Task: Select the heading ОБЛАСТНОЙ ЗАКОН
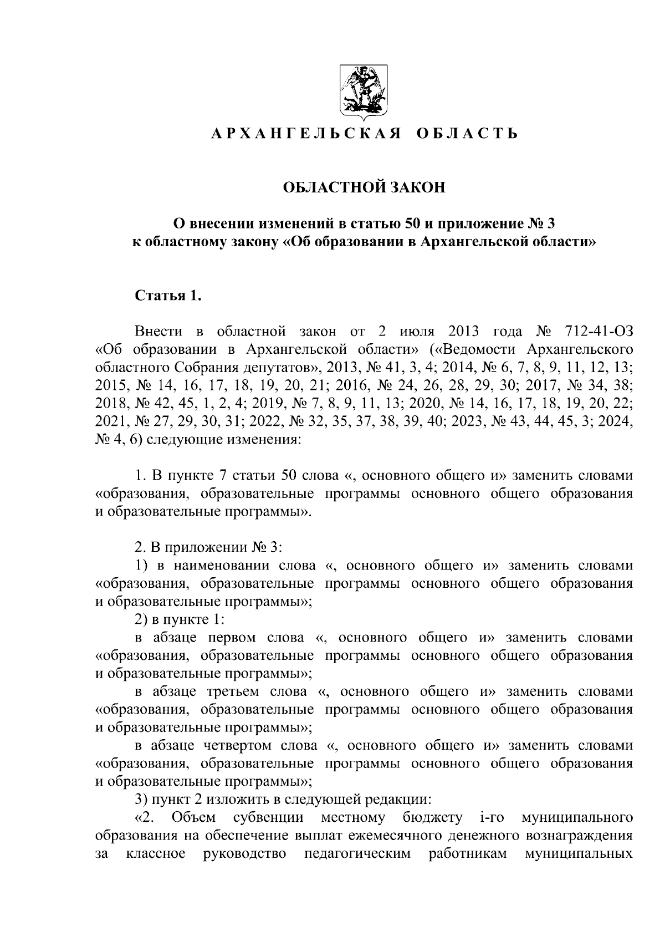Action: [364, 188]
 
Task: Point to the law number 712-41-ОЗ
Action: [597, 332]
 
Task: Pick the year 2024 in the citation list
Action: [616, 421]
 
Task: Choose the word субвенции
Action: [268, 817]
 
